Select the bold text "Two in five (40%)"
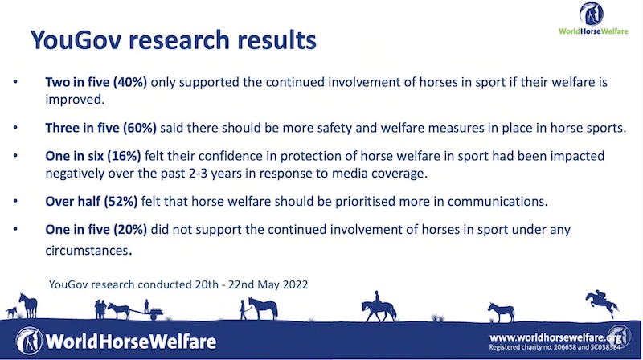(96, 82)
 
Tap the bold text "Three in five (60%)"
(101, 128)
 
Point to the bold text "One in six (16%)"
(93, 156)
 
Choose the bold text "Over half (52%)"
(92, 202)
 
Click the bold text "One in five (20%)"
(96, 230)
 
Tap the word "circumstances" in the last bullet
(88, 251)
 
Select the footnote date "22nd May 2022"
(268, 284)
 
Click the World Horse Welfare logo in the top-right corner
(593, 18)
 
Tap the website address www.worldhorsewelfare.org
(555, 337)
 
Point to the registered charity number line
(555, 347)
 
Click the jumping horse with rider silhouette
(602, 304)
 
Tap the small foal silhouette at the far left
(11, 313)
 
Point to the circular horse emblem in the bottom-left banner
(29, 341)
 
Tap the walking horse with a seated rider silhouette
(379, 307)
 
